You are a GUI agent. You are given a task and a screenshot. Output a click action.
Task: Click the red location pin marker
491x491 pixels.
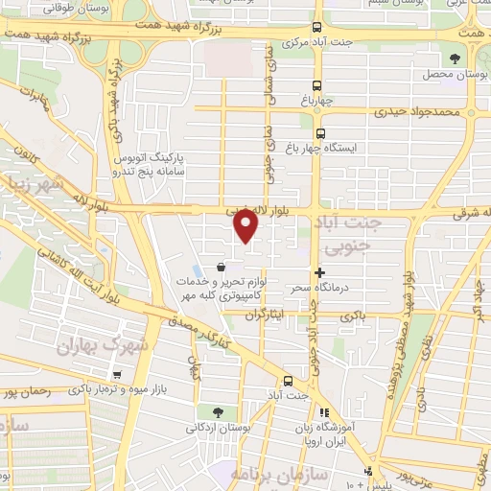point(246,225)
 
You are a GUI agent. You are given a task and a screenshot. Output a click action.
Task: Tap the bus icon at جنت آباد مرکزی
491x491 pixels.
point(317,28)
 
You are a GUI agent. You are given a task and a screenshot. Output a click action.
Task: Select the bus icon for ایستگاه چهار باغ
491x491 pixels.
point(319,134)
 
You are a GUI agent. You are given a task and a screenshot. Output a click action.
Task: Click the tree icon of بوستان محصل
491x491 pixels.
point(455,58)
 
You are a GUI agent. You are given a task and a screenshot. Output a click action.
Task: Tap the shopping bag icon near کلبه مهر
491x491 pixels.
point(222,268)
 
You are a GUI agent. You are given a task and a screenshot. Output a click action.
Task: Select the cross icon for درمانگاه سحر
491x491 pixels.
point(319,273)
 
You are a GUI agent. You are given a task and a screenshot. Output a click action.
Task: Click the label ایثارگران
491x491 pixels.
point(240,314)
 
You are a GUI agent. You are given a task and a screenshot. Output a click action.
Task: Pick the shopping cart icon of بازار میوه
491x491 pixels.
point(117,375)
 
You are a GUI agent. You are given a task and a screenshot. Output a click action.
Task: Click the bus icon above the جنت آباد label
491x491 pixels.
point(288,380)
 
